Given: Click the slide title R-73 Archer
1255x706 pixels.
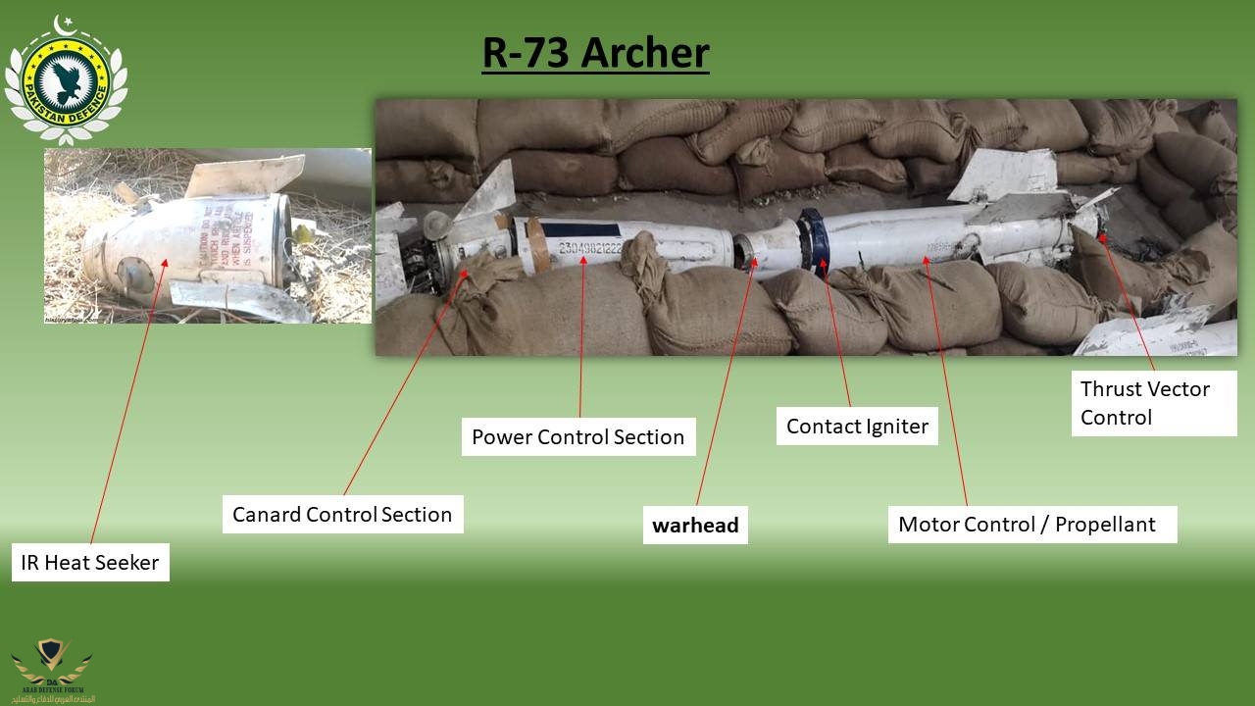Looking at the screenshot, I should [x=595, y=53].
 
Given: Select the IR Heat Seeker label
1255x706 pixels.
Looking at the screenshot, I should [x=91, y=563].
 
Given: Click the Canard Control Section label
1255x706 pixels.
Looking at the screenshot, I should [x=342, y=515].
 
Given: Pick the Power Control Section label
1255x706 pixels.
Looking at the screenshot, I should [x=577, y=437].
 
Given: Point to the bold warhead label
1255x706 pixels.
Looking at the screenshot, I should [x=695, y=525].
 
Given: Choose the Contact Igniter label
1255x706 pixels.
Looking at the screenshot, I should [x=857, y=427].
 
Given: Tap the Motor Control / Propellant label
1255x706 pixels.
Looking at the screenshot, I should [x=1027, y=524].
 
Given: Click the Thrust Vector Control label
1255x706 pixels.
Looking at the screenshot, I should [x=1144, y=403].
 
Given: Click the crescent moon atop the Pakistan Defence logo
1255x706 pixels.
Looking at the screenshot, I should [x=65, y=23].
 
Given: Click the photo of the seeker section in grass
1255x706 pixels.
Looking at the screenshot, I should [x=208, y=235].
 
